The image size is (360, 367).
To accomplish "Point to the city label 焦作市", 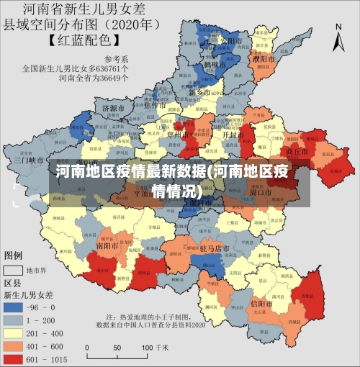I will tap(156, 105).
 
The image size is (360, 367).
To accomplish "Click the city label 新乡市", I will tap(200, 93).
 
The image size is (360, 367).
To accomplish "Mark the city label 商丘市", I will tap(297, 153).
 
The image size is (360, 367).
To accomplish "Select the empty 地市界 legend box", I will tap(12, 271).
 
